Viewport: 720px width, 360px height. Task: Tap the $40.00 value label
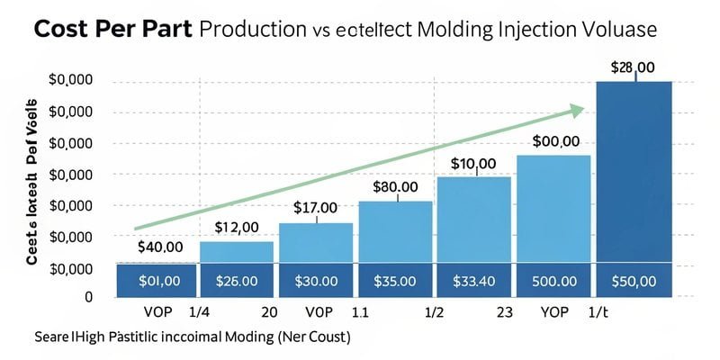point(160,247)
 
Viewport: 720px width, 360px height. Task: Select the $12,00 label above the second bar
point(237,227)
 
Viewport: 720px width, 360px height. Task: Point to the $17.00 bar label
point(315,208)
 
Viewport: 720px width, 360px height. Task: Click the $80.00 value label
point(395,186)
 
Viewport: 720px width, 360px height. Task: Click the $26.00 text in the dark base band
point(237,280)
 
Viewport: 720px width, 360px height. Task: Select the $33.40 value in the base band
point(474,280)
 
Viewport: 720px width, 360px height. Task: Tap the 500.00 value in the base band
point(553,280)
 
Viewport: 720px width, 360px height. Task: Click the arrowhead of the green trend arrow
point(576,111)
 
